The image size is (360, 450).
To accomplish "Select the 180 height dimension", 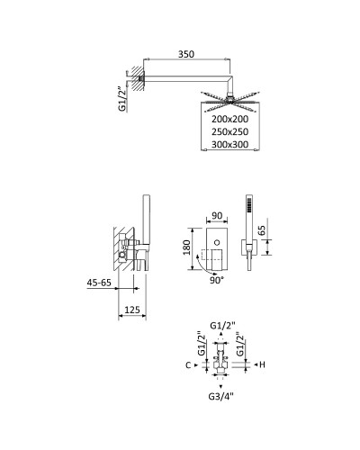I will [x=187, y=247].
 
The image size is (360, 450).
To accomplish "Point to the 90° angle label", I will [x=217, y=281].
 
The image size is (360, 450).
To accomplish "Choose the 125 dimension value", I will [x=130, y=310].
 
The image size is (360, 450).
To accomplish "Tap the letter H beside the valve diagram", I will [x=260, y=365].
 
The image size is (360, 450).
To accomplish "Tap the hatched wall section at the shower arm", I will [x=135, y=80].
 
